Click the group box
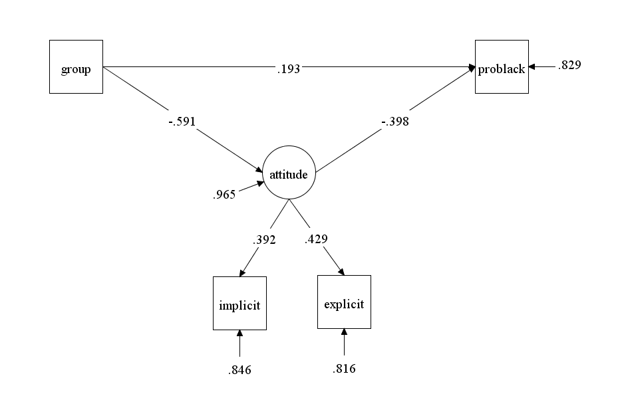click(77, 66)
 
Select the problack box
click(502, 66)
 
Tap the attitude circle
click(289, 175)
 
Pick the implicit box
click(239, 303)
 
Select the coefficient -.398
click(396, 122)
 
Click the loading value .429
click(315, 240)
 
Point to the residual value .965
click(224, 195)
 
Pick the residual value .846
click(239, 369)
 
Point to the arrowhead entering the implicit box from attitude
click(241, 272)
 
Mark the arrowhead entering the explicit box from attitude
click(341, 271)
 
